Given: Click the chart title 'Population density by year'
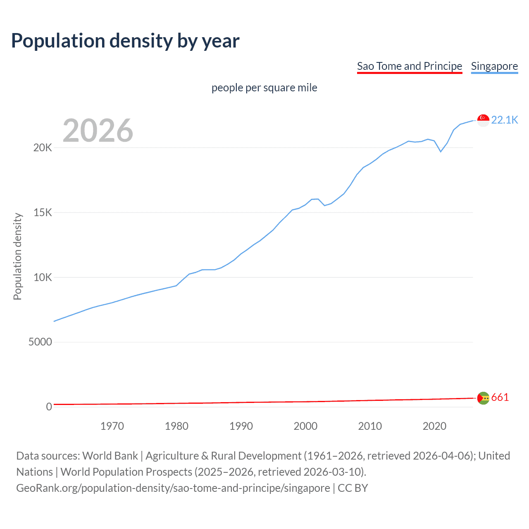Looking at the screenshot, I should (125, 41).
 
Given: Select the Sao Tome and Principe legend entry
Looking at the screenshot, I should (409, 66).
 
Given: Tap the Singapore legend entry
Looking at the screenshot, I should (494, 66).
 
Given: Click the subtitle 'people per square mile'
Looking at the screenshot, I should (264, 88).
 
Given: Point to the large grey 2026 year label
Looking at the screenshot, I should (98, 131).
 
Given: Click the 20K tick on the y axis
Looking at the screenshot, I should (43, 148).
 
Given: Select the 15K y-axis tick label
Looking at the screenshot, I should (43, 213).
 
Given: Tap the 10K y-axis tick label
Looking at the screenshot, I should (43, 277).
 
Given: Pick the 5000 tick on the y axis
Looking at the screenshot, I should (40, 342).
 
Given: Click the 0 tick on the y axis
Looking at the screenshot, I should (49, 407).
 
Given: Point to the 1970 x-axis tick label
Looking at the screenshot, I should (112, 426).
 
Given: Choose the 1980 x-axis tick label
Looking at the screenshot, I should (176, 426).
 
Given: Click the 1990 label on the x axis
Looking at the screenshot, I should (241, 426).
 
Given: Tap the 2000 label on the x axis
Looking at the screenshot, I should (305, 426).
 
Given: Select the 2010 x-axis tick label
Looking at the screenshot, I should (370, 426).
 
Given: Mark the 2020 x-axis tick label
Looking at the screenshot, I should (434, 426).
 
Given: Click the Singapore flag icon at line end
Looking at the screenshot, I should (483, 120).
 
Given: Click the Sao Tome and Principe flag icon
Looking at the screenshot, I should (483, 398).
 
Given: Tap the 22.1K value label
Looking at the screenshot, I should (504, 120).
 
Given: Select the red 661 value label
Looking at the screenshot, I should (500, 398).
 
